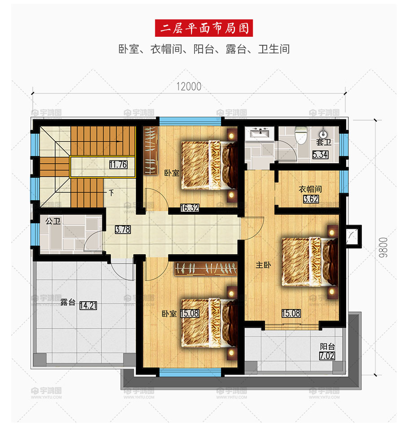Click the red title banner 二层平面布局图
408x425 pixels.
(204, 28)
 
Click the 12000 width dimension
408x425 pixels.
(189, 87)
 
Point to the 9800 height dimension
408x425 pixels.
(383, 247)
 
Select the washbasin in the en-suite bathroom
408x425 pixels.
(260, 133)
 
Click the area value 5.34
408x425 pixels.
(320, 155)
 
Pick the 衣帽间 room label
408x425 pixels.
(310, 189)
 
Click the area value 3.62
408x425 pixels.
(311, 199)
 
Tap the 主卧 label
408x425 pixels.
(263, 265)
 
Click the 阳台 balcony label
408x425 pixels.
(327, 347)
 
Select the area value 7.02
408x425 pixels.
(327, 356)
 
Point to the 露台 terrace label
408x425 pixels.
(68, 302)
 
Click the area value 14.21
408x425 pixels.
(88, 306)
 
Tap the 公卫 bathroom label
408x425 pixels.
(53, 221)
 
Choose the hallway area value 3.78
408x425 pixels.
(122, 230)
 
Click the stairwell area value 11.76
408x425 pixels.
(118, 165)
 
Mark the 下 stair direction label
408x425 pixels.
(111, 193)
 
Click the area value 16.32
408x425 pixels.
(190, 208)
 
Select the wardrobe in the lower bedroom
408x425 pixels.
(206, 269)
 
